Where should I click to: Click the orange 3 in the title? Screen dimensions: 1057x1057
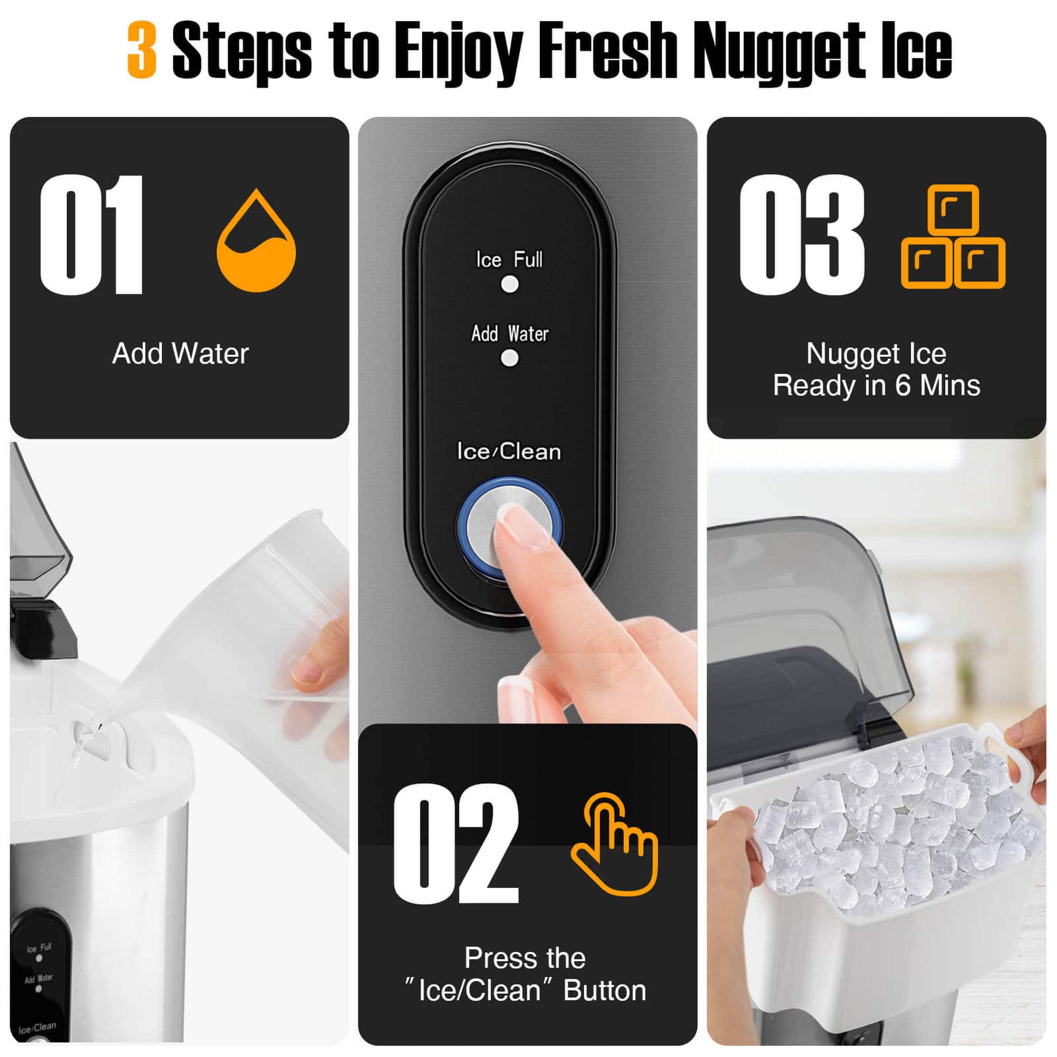[x=142, y=50]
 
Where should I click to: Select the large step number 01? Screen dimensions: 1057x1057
[x=91, y=235]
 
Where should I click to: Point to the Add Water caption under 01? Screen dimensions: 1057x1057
[x=180, y=354]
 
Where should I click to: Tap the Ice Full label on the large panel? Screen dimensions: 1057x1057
[x=509, y=259]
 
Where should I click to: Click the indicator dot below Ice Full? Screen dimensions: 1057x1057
[x=510, y=284]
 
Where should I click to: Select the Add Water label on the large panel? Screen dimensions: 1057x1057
[x=510, y=333]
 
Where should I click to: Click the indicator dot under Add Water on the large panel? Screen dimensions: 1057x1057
[x=510, y=358]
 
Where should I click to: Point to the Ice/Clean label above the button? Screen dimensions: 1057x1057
[x=509, y=452]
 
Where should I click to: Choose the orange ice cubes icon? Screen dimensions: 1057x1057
[x=953, y=237]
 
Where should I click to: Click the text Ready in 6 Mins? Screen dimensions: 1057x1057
[x=876, y=385]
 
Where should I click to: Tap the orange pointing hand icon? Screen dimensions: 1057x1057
[x=615, y=843]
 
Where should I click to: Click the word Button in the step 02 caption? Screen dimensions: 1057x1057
[x=604, y=990]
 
